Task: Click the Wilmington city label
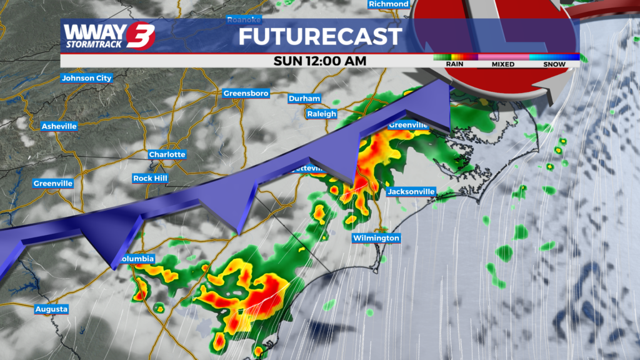coord(376,238)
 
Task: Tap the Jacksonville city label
coord(411,191)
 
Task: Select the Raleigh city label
coord(322,114)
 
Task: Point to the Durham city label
coord(304,99)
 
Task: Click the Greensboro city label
coord(246,94)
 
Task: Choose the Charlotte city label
coord(167,154)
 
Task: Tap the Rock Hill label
coord(151,178)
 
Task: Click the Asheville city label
coord(59,126)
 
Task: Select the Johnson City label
coord(86,78)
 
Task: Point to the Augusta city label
coord(51,309)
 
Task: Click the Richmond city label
coord(388,4)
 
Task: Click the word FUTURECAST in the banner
coord(319,37)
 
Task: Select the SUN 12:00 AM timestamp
coord(320,61)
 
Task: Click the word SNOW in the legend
coord(554,64)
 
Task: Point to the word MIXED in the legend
coord(502,64)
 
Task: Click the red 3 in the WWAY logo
coord(139,36)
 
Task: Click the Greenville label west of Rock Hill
coord(53,184)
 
